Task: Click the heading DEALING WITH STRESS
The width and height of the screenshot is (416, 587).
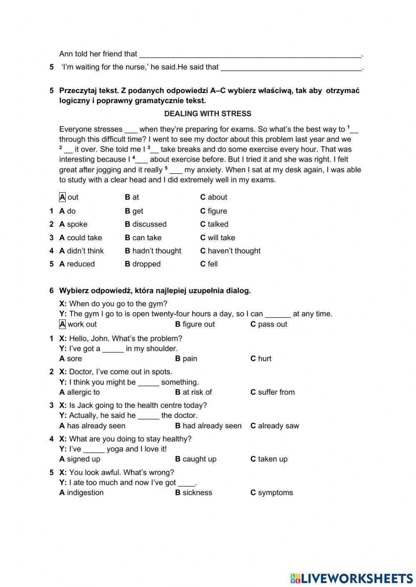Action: pos(208,113)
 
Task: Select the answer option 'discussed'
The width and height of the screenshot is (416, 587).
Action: pos(149,224)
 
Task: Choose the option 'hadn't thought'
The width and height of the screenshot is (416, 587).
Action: pos(156,251)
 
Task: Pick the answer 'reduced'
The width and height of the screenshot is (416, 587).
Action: pos(80,264)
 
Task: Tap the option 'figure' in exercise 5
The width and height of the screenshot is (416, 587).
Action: pos(217,211)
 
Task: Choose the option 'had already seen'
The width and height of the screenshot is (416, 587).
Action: pos(212,426)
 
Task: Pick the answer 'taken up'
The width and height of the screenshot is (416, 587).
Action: pos(272,459)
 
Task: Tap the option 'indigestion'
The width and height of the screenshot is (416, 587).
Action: pos(85,493)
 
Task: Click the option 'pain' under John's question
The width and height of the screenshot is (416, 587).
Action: pos(189,359)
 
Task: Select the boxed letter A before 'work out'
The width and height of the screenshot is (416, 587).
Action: pos(62,324)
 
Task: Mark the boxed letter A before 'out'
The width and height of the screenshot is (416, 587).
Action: pos(62,197)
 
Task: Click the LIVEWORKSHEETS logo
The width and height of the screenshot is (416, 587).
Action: pos(351,577)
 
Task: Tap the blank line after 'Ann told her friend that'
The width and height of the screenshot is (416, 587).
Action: pos(250,54)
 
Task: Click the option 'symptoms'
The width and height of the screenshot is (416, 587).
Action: pos(275,493)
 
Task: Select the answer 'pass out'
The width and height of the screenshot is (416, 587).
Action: pos(272,324)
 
